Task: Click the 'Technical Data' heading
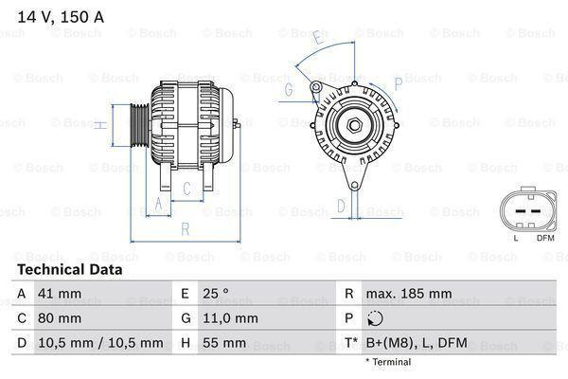click(x=68, y=269)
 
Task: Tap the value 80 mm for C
click(x=61, y=318)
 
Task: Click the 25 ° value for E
click(x=217, y=294)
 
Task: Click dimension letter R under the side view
click(x=185, y=228)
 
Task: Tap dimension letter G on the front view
click(x=288, y=90)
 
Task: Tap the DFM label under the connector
click(x=545, y=238)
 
